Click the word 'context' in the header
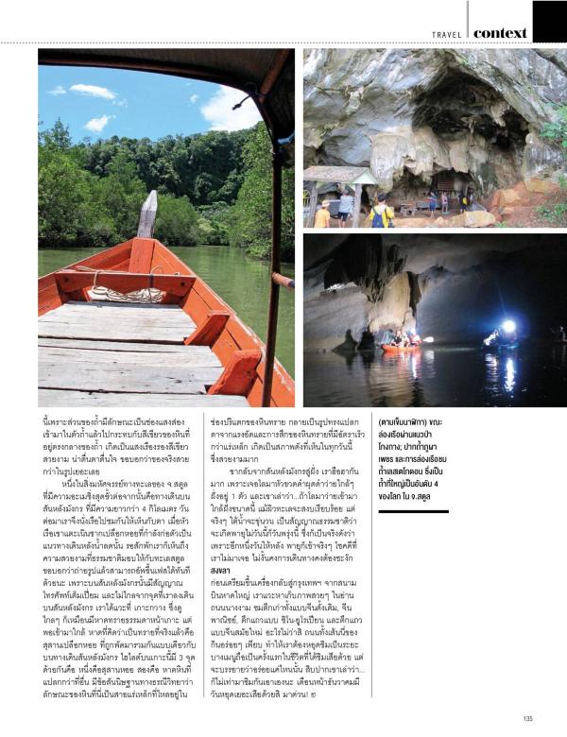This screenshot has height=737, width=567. tap(500, 32)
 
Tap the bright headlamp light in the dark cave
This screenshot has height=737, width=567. tap(508, 327)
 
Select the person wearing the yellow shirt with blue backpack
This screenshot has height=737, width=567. tap(380, 214)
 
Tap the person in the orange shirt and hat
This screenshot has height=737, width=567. tap(322, 213)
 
